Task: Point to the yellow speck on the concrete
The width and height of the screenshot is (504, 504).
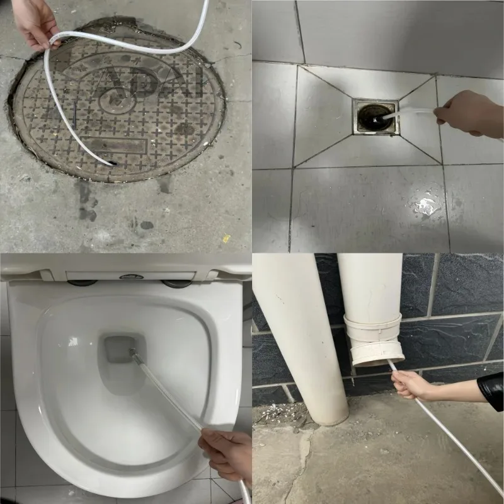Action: pos(226,238)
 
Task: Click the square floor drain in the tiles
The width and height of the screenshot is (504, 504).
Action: pos(375,117)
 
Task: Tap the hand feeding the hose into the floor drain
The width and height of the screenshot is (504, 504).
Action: pos(469,112)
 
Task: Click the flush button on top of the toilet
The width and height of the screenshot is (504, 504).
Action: pos(129,276)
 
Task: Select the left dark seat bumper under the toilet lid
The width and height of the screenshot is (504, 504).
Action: pos(82,283)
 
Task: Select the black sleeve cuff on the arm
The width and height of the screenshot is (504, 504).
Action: pos(490,390)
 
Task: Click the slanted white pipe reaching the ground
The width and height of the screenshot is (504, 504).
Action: pos(302,340)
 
